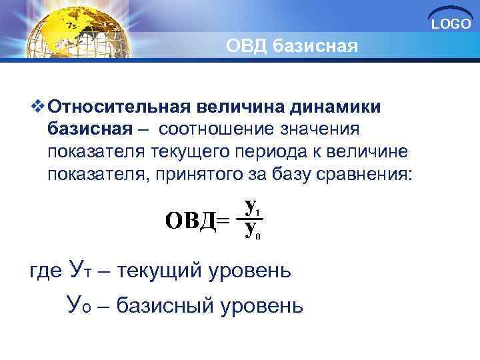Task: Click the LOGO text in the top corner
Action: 451,25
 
